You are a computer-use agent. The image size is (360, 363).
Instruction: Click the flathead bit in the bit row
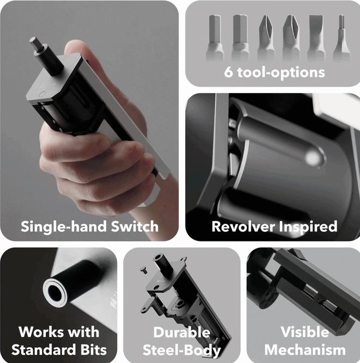click(x=316, y=38)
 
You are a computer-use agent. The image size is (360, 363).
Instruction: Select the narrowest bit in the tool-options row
click(x=341, y=38)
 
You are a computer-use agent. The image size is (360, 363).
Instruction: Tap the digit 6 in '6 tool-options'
click(x=229, y=72)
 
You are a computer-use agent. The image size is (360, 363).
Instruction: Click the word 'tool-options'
click(x=281, y=73)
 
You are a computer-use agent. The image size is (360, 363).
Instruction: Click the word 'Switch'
click(x=135, y=226)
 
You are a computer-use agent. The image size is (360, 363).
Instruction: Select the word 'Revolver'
click(x=243, y=226)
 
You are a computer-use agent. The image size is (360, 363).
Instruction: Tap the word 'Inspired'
click(x=308, y=227)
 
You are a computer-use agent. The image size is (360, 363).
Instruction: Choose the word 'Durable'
click(x=182, y=332)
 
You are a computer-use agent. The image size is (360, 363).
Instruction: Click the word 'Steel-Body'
click(x=181, y=350)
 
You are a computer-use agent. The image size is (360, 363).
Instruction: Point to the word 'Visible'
click(x=304, y=332)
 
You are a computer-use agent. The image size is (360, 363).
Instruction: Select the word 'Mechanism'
click(x=305, y=349)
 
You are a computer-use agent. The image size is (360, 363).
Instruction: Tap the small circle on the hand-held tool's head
click(x=42, y=94)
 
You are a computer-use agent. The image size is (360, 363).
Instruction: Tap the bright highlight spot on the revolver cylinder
click(x=313, y=158)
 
